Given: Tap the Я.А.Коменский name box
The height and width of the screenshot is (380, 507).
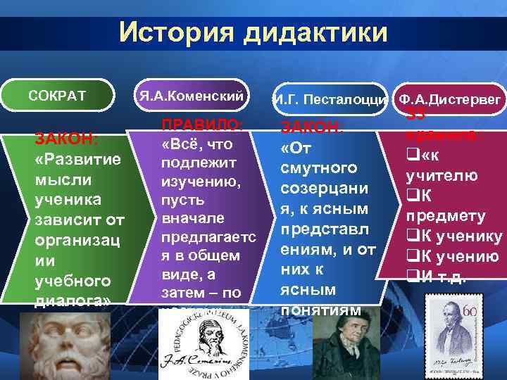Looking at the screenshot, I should tap(190, 94).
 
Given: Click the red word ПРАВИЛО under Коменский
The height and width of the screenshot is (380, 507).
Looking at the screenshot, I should tap(202, 125).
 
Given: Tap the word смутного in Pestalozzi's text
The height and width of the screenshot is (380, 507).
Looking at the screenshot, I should tap(315, 169).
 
